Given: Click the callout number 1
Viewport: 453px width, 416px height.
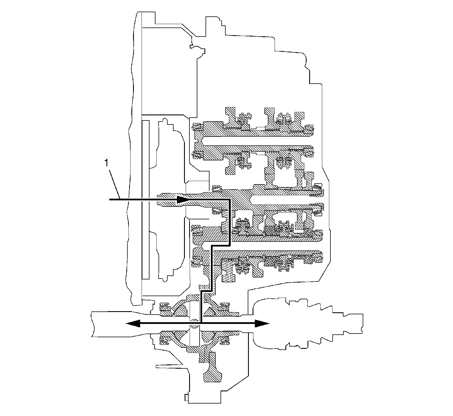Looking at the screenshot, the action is (x=106, y=163).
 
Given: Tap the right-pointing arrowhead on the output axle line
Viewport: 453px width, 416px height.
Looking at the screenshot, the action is (x=262, y=323).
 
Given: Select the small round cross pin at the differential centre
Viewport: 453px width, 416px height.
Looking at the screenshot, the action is (x=194, y=323).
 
